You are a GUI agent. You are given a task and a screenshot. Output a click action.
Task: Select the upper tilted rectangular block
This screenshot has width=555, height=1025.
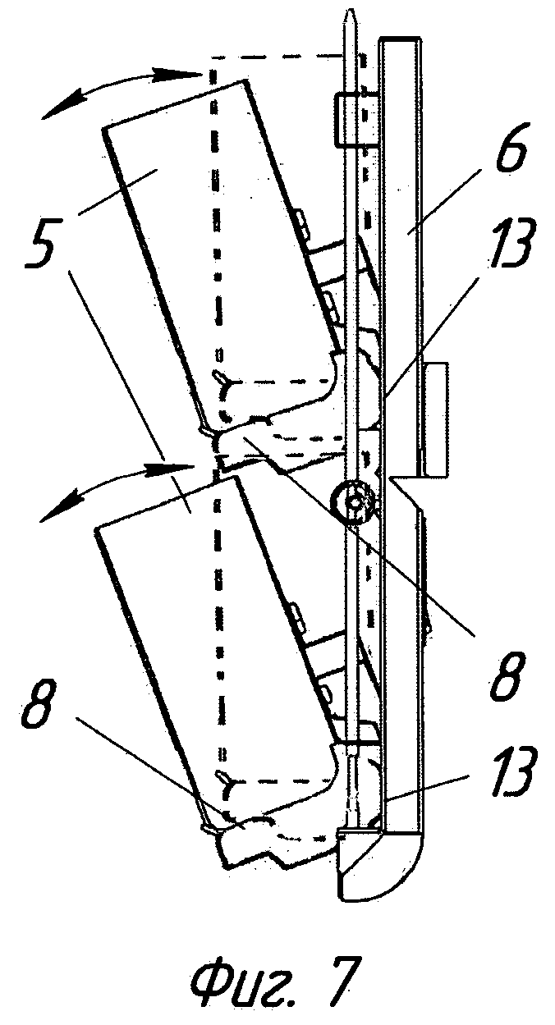222,246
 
